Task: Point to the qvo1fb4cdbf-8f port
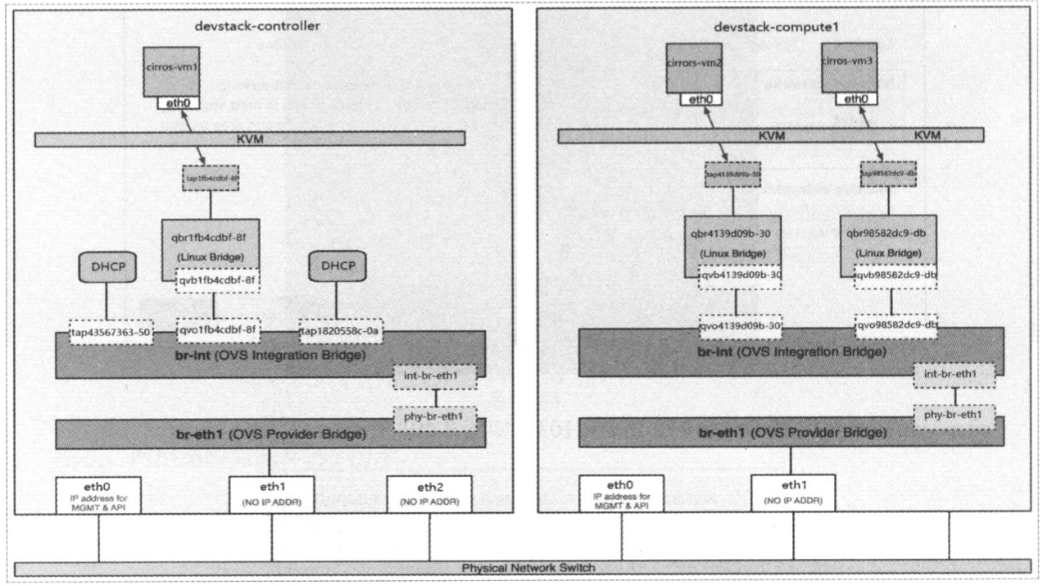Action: point(218,330)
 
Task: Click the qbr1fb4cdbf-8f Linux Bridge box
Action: point(211,243)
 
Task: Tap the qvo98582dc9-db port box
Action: point(896,325)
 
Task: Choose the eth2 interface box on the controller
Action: point(429,493)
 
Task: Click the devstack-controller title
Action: point(256,26)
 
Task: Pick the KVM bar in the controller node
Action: point(250,139)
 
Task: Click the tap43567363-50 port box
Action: point(111,332)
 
